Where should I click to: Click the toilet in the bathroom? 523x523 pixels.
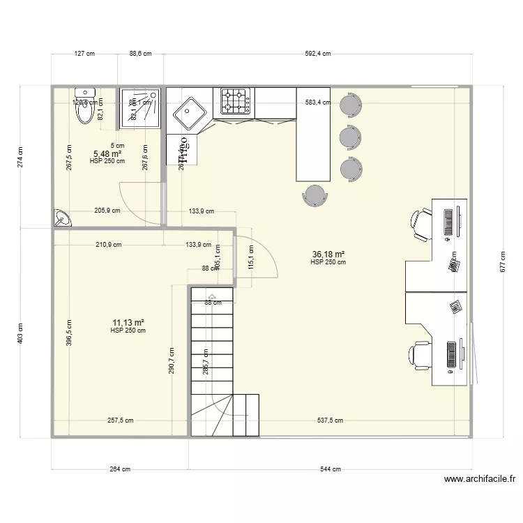pyautogui.click(x=85, y=104)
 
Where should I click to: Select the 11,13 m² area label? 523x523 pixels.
pyautogui.click(x=128, y=322)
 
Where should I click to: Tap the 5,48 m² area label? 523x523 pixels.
pyautogui.click(x=107, y=153)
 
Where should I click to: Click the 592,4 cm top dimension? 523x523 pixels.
pyautogui.click(x=317, y=53)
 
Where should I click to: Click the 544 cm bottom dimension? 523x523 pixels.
pyautogui.click(x=331, y=469)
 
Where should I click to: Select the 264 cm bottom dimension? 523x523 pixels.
pyautogui.click(x=121, y=469)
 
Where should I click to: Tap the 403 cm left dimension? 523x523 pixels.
pyautogui.click(x=21, y=333)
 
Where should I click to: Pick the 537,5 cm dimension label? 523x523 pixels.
pyautogui.click(x=328, y=420)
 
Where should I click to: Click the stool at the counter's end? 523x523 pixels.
pyautogui.click(x=316, y=195)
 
